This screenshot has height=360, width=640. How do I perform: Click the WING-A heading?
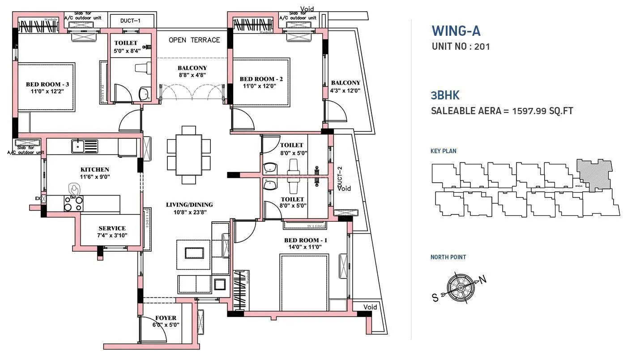pos(456,31)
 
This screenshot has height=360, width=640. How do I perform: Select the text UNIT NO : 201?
pos(461,46)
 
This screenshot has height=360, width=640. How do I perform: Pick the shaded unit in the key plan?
pos(594,175)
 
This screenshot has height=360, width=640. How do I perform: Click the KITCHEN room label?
pos(94,169)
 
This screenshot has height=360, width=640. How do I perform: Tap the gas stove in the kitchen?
pos(73,203)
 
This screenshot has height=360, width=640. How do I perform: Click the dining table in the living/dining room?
pos(188,154)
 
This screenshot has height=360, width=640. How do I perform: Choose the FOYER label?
pos(166,318)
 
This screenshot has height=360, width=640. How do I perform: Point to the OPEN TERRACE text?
pos(194,40)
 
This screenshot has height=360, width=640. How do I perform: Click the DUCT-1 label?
pos(131,21)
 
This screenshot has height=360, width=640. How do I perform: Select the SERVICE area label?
pos(112,228)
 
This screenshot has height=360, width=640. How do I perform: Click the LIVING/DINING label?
pos(189,205)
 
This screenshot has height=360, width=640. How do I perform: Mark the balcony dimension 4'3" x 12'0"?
pos(345,90)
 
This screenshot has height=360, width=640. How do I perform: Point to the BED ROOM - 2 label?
pos(261,79)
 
